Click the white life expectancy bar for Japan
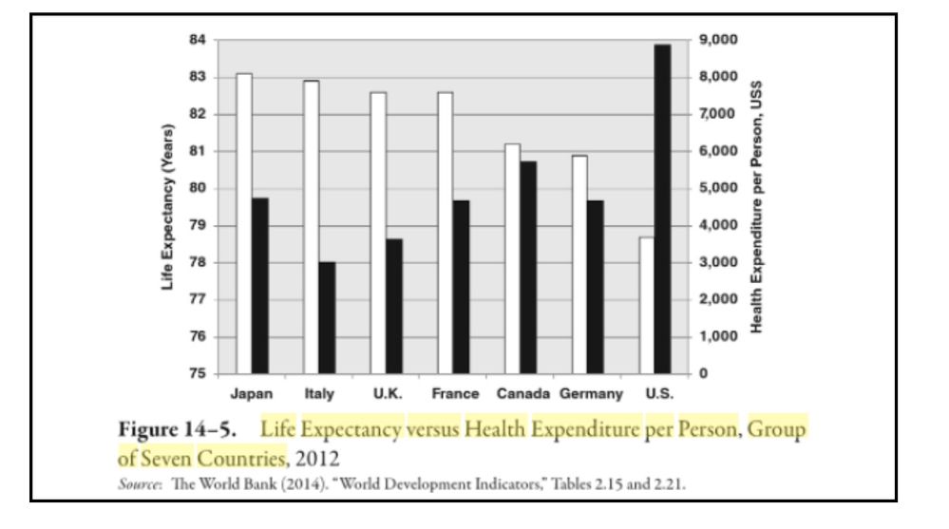coord(244,223)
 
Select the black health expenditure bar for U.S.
coord(662,209)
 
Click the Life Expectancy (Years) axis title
coord(168,207)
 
